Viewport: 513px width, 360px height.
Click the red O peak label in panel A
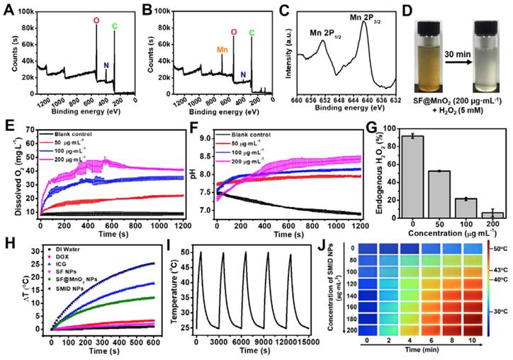point(96,21)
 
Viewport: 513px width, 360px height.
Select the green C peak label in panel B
point(251,31)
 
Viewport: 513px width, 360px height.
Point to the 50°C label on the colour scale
point(498,249)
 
